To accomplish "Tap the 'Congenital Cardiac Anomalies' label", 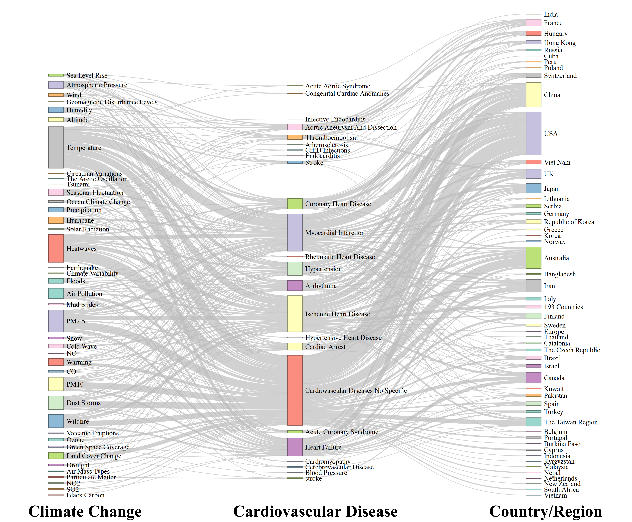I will [x=347, y=94].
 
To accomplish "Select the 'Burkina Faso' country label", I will [x=562, y=444].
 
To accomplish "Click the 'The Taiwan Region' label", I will [x=570, y=422].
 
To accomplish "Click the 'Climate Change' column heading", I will [x=85, y=511].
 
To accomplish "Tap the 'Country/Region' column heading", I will [x=545, y=511].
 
